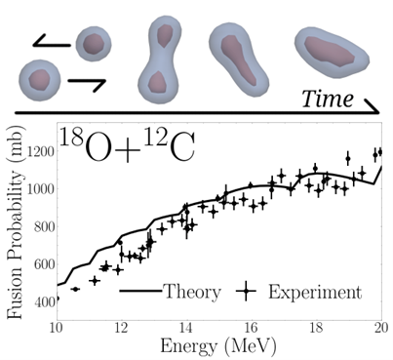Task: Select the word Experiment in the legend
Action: click(x=314, y=292)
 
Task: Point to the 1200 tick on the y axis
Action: click(x=37, y=152)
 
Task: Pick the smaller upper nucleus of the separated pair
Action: click(x=94, y=45)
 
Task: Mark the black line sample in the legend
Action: click(x=139, y=292)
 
